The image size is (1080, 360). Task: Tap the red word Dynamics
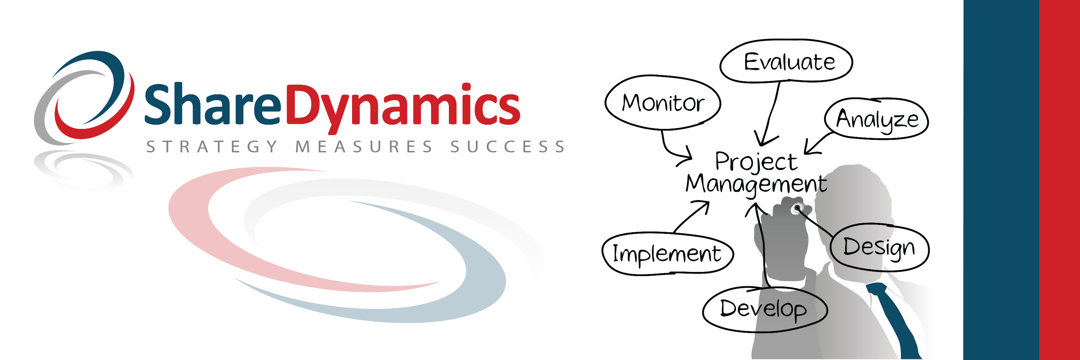point(403,108)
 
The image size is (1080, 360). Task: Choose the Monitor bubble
point(663,103)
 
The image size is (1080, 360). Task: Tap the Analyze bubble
point(877,119)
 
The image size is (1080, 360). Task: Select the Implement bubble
point(667,254)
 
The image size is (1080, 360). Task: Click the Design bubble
point(879,247)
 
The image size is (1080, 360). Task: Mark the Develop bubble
point(765,309)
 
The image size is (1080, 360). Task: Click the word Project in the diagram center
point(756,162)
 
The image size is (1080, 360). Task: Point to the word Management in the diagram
point(756,184)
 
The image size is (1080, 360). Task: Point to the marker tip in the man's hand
point(796,208)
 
